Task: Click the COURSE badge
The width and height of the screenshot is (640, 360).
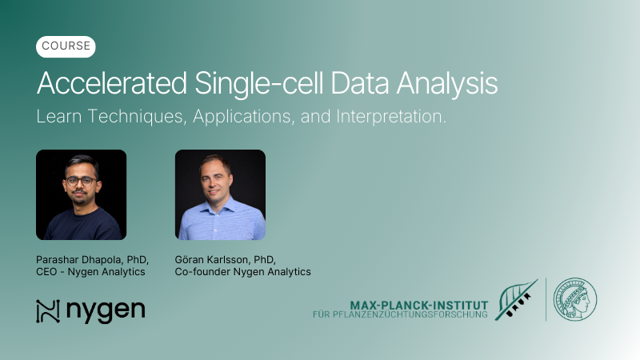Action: click(x=66, y=47)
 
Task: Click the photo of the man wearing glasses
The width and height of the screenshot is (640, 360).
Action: click(x=81, y=194)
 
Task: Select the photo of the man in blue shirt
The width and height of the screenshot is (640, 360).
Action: click(x=220, y=194)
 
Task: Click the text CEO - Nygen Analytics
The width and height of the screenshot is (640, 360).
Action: click(x=90, y=272)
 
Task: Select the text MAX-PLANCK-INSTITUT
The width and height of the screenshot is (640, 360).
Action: click(x=418, y=305)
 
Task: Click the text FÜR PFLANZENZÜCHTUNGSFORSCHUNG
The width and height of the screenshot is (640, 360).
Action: click(x=400, y=315)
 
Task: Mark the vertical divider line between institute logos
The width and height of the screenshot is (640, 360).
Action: click(x=546, y=299)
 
